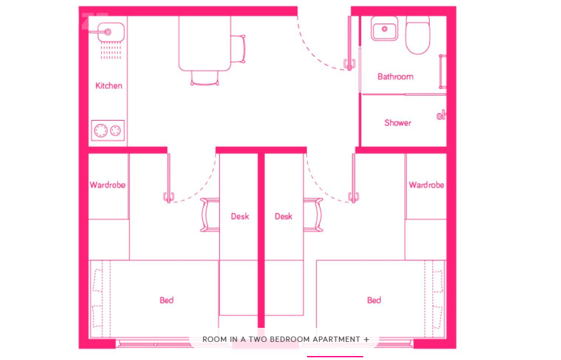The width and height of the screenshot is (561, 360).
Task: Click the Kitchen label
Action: [109, 86]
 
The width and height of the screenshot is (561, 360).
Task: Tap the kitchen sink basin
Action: [111, 32]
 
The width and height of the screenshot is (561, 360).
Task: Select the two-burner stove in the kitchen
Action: [108, 130]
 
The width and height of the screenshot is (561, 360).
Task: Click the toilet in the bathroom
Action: [418, 35]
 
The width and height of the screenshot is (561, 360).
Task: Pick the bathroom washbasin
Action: [385, 29]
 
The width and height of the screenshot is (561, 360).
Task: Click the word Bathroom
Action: [395, 76]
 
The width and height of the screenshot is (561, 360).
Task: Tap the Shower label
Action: [398, 123]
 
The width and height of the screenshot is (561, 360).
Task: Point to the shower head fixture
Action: [441, 115]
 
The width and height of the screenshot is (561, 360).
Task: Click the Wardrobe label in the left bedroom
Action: [107, 185]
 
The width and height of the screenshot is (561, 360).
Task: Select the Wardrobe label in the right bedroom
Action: [426, 185]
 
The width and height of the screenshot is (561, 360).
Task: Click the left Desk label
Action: [240, 217]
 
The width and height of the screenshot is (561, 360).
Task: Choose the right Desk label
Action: [284, 217]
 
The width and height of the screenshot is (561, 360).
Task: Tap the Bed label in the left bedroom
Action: [167, 300]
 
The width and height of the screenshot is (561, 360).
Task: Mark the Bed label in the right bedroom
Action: [374, 300]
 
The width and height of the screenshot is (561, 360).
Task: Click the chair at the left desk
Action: [210, 215]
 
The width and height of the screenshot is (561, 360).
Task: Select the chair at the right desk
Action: [314, 215]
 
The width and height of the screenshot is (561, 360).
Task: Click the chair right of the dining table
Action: [239, 49]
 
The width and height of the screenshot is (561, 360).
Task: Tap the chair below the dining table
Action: [204, 78]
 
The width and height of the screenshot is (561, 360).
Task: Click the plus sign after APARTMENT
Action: [366, 339]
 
